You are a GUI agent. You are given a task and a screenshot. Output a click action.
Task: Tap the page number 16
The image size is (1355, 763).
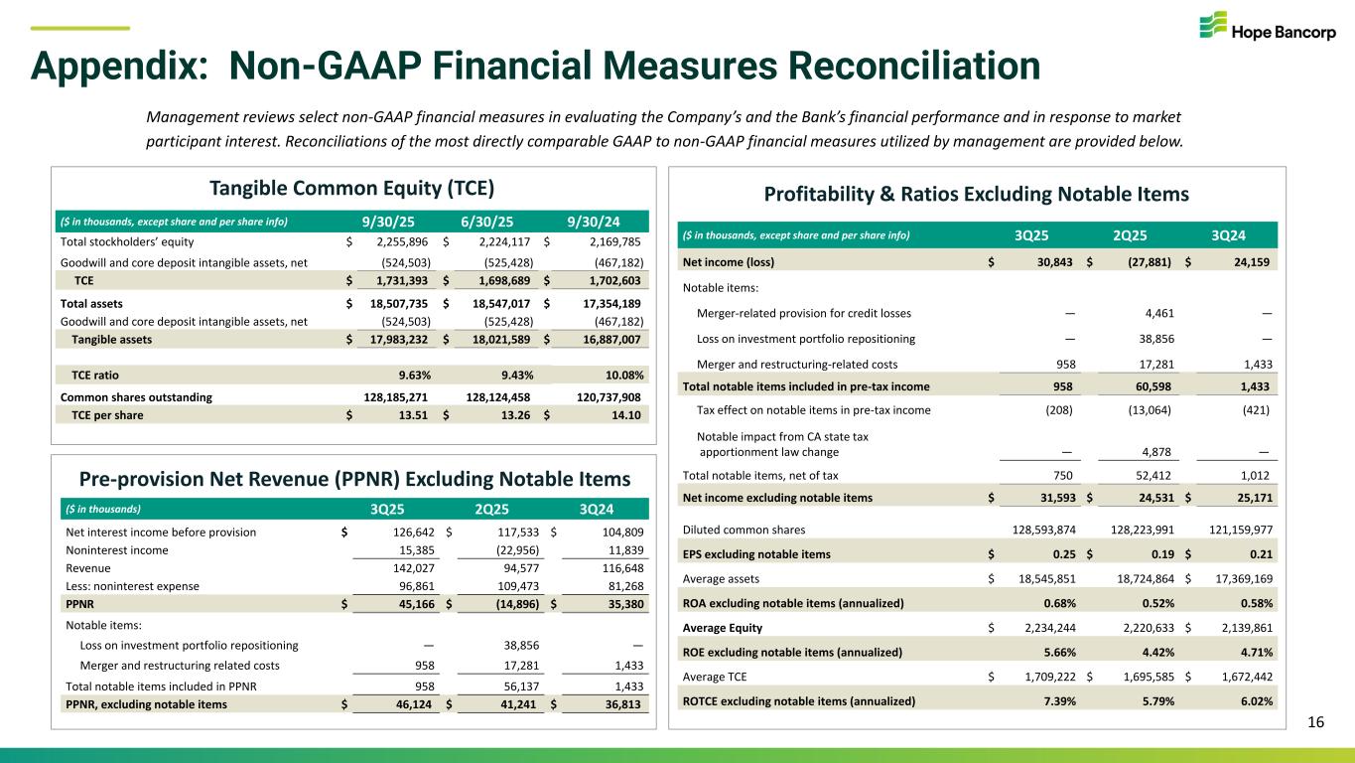(1315, 722)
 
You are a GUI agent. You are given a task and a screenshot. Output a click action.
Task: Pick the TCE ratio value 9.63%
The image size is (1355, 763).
(410, 375)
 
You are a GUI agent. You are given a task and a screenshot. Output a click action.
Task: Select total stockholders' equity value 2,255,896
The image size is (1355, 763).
(393, 241)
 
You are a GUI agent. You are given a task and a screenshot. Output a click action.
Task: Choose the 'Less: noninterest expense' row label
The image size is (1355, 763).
(132, 586)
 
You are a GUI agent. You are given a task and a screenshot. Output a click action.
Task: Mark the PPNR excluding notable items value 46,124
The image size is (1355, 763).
(408, 704)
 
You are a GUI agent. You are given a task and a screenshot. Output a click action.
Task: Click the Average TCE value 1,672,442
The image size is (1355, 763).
(1239, 679)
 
